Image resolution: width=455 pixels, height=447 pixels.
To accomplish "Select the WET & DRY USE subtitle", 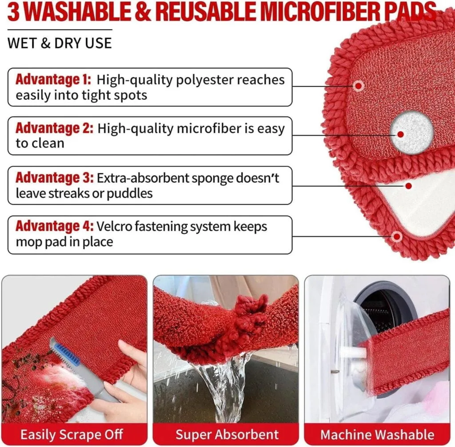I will [x=60, y=43].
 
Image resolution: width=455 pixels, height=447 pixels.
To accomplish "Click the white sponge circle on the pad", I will [x=411, y=132].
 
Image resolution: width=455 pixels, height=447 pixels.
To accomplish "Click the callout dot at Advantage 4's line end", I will [x=397, y=236].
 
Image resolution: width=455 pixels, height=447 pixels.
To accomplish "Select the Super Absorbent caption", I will [x=227, y=434].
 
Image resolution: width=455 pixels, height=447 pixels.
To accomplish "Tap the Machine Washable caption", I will [x=377, y=434].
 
